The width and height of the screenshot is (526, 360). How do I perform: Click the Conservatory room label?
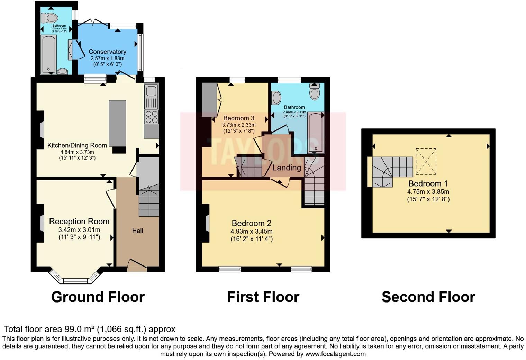pos(107,52)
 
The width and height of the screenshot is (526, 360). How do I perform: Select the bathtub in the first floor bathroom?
pos(315,133)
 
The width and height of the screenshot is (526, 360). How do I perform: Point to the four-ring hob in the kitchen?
pos(151,117)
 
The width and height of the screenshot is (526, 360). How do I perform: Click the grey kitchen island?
pos(117,123)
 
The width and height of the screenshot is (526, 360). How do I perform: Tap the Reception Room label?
pos(79,222)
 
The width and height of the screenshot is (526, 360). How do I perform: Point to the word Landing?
pos(287,168)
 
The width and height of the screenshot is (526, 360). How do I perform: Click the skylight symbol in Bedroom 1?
pos(426,162)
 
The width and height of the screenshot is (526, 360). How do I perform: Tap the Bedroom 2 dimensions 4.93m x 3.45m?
pos(252,231)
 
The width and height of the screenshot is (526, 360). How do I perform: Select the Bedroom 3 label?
pos(238,118)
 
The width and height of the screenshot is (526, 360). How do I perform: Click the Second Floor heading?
pos(428,297)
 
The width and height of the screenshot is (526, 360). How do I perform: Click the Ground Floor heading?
pos(98,297)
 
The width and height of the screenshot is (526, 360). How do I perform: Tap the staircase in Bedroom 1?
pos(391,170)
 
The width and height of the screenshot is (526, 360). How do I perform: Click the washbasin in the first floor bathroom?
pos(276,98)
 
